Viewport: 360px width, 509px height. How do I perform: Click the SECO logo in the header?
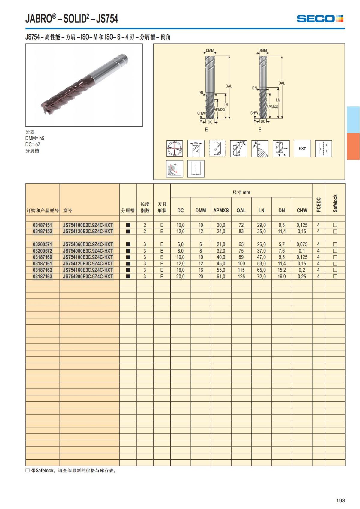click(x=320, y=19)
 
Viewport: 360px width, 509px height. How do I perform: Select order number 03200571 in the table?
click(x=43, y=244)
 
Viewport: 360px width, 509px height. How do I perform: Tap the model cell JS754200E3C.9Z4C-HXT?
click(x=88, y=277)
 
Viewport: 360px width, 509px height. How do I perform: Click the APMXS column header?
click(x=221, y=211)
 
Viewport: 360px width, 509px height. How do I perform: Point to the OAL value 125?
click(x=241, y=277)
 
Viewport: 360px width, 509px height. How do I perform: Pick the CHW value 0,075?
click(x=302, y=244)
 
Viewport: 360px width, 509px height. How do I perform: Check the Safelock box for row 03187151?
click(x=335, y=225)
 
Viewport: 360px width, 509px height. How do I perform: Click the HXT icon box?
click(x=302, y=148)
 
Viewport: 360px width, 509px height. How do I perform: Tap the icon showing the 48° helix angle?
click(x=238, y=148)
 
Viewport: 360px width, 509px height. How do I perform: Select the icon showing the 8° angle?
click(x=260, y=148)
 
